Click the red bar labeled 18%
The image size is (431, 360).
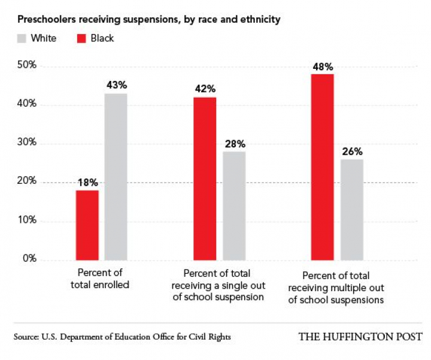click(x=87, y=225)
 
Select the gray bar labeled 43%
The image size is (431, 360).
click(x=116, y=177)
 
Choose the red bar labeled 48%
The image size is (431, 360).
click(x=323, y=167)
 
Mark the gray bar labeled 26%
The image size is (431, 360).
click(x=352, y=210)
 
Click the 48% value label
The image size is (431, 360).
click(x=323, y=66)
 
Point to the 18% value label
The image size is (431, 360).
click(x=87, y=183)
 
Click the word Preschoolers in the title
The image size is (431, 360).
click(x=44, y=20)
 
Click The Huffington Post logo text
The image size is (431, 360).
click(x=360, y=337)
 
